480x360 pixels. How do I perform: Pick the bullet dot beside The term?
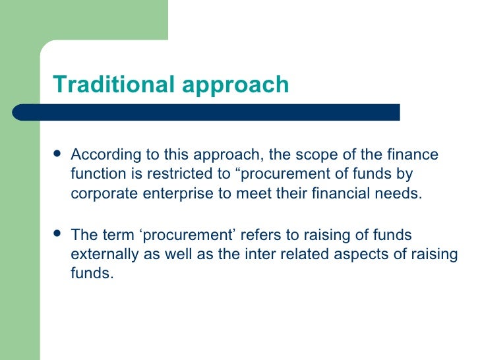57,235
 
